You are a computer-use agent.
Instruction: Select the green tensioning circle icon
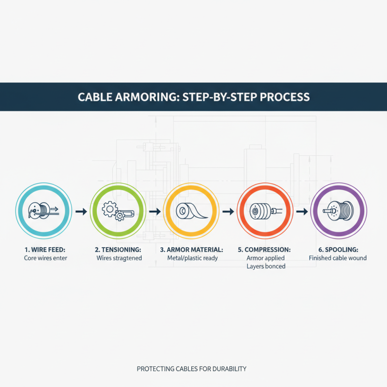coord(117,211)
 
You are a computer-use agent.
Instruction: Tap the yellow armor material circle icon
coord(191,211)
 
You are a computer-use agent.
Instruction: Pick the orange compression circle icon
coord(264,211)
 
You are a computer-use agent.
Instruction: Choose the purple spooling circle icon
coord(338,211)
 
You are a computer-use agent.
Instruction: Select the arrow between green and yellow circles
coord(154,211)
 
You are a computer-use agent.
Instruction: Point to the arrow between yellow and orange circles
coord(228,211)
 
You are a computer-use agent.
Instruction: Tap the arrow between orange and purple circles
coord(301,211)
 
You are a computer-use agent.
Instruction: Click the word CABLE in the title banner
coord(95,97)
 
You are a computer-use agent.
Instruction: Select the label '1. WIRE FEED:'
coord(45,249)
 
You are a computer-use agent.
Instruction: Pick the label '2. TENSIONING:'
coord(119,249)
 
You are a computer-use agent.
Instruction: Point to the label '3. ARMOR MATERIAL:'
coord(192,249)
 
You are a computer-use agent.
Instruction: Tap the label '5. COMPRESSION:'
coord(265,249)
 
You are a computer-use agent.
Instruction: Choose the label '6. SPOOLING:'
coord(338,249)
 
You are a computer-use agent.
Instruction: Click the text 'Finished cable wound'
coord(338,258)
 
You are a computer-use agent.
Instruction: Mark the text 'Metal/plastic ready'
coord(192,258)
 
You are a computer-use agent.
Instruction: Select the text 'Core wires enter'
coord(45,258)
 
